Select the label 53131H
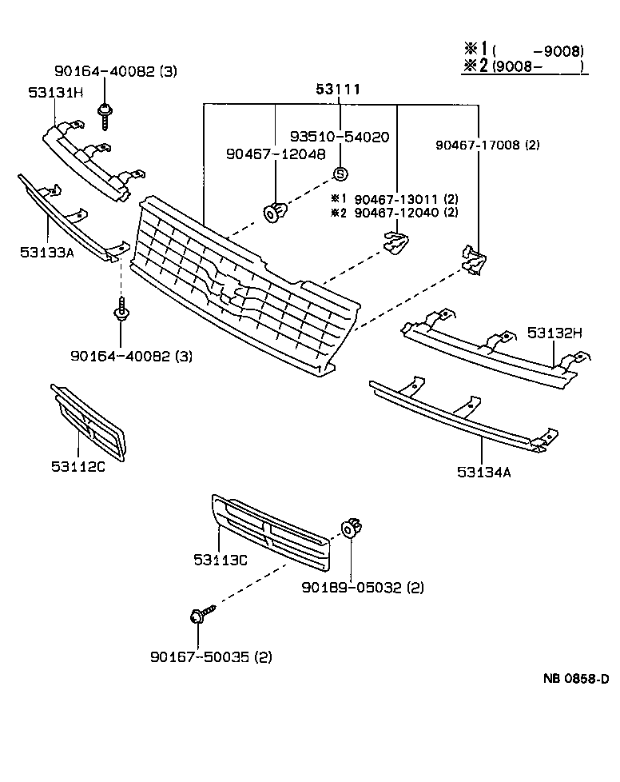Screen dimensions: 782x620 coord(56,93)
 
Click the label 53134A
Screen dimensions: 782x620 coord(484,472)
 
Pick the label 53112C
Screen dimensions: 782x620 coord(78,466)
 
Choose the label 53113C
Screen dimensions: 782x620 coord(220,559)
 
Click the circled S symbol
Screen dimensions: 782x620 coord(340,174)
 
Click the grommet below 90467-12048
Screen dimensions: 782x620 coord(275,212)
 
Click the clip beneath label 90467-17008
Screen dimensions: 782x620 coord(474,260)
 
